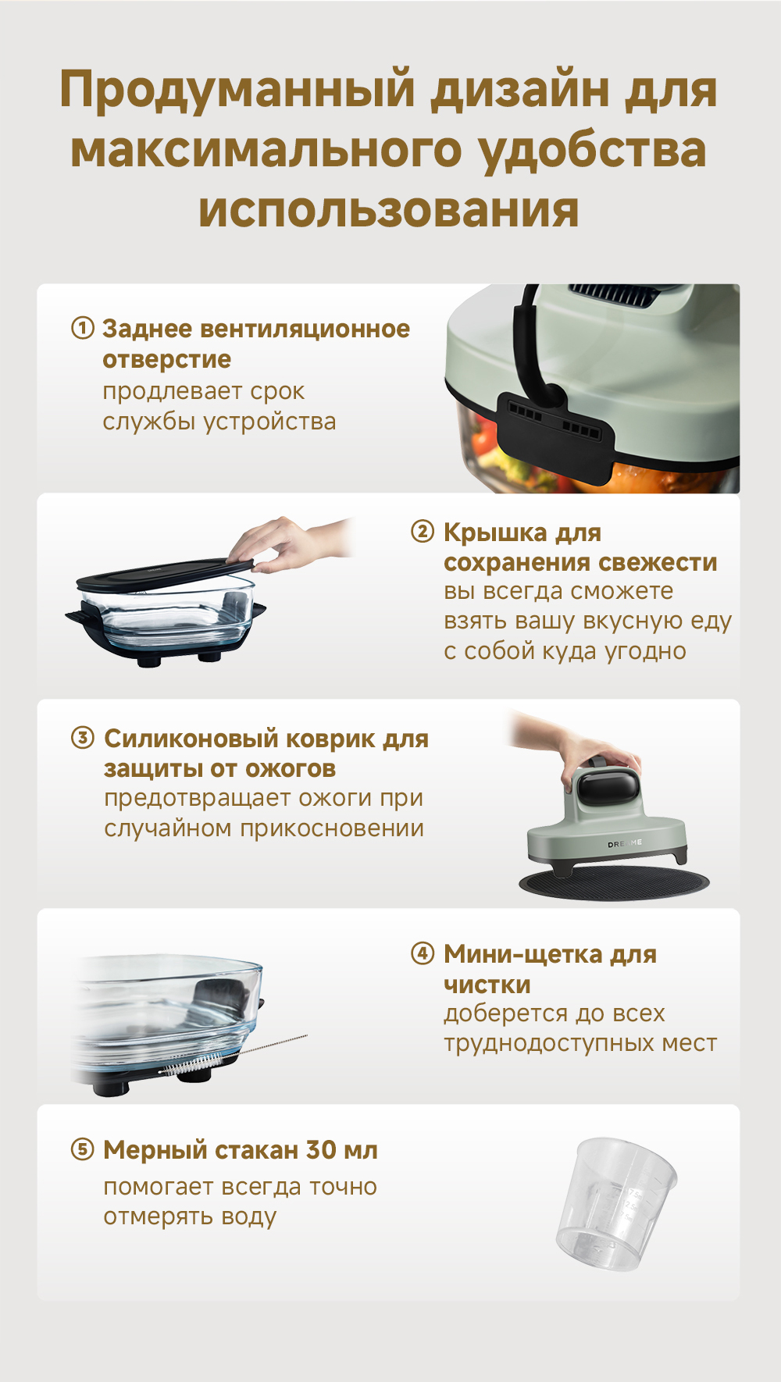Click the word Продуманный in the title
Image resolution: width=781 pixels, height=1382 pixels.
(x=238, y=91)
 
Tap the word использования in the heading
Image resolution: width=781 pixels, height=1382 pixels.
(x=389, y=210)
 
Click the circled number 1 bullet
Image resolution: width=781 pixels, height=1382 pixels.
(x=83, y=328)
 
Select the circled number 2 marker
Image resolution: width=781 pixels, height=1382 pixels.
(x=423, y=532)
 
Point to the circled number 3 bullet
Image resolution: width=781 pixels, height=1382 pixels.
(x=83, y=738)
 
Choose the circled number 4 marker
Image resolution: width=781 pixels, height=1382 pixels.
(x=423, y=953)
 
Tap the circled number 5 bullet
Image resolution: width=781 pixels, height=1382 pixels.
(x=83, y=1149)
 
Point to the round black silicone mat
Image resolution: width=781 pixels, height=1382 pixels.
(x=615, y=883)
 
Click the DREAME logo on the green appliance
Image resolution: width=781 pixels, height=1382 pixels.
(x=625, y=843)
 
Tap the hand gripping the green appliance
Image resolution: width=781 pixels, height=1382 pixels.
(x=578, y=746)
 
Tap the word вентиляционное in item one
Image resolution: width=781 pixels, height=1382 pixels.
(x=305, y=329)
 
